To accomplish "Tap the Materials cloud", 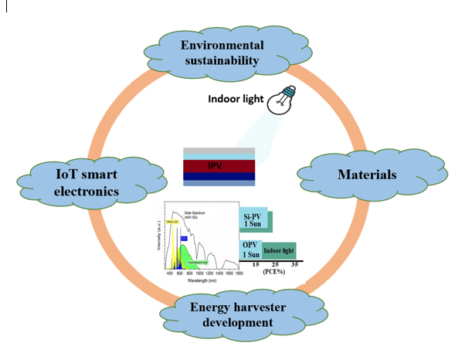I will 366,175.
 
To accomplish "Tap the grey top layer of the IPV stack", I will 218,150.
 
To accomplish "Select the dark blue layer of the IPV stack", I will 218,176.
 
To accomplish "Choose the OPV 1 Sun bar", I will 252,250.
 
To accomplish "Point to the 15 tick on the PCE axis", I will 255,265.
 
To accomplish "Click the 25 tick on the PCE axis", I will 275,265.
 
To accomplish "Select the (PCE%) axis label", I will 275,273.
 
